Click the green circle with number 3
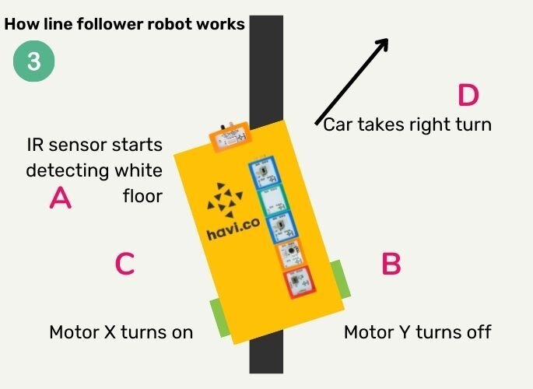tap(34, 61)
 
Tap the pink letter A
tap(61, 198)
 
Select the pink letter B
tap(391, 265)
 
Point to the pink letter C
tap(124, 265)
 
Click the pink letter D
tap(468, 96)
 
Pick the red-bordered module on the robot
tap(296, 282)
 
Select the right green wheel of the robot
tap(343, 279)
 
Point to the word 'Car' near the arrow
tap(339, 124)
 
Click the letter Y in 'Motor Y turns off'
tap(404, 332)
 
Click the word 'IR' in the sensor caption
tap(36, 145)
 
